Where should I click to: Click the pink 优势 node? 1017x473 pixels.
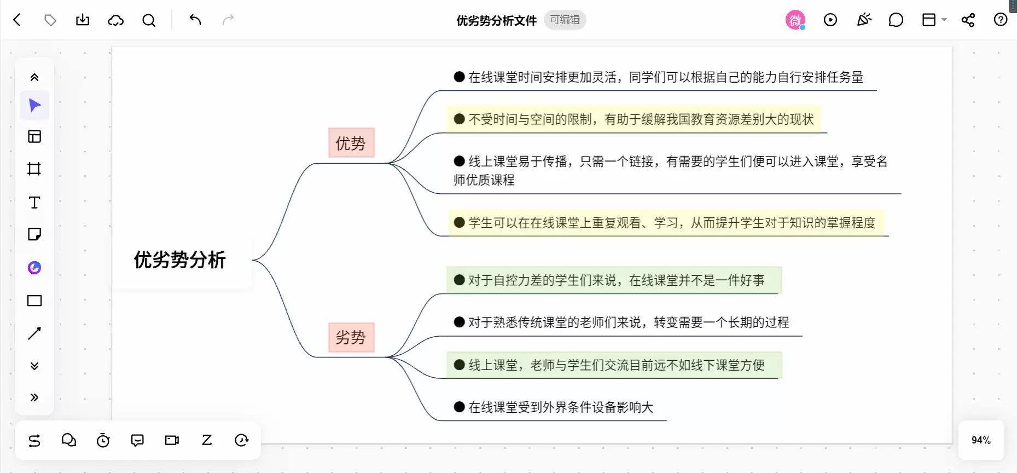tap(351, 143)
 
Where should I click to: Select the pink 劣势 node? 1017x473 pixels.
tap(351, 337)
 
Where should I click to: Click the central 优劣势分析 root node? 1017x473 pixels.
tap(181, 260)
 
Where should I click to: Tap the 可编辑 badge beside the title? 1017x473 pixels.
tap(565, 20)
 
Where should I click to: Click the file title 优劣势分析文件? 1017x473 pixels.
tap(497, 20)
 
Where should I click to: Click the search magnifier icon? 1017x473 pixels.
tap(149, 20)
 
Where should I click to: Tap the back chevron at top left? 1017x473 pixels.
tap(17, 20)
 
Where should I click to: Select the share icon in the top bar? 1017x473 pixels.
tap(968, 20)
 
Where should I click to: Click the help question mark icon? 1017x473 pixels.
tap(1000, 20)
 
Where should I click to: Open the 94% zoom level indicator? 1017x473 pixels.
tap(981, 440)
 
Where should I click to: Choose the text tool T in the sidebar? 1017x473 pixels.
tap(34, 203)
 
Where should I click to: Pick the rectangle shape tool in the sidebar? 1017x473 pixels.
tap(34, 301)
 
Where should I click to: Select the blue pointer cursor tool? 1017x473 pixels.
tap(34, 105)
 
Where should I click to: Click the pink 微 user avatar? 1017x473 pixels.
tap(795, 20)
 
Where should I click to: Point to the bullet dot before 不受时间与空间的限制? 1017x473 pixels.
tap(460, 119)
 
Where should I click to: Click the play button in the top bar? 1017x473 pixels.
tap(830, 20)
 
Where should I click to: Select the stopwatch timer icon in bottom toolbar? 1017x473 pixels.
tap(103, 440)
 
